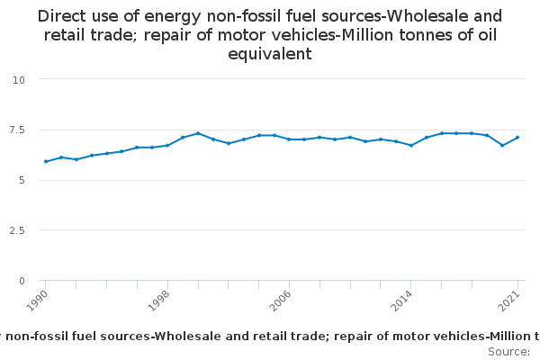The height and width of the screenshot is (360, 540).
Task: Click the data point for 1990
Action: [x=46, y=162]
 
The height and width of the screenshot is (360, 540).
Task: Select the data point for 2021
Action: [x=517, y=138]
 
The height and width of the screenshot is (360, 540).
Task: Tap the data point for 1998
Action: [x=167, y=146]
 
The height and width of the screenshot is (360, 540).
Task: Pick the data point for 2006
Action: [x=289, y=139]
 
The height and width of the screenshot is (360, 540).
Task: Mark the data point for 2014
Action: [x=411, y=146]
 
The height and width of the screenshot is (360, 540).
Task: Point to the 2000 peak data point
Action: [x=198, y=133]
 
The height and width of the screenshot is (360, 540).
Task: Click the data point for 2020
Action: [x=502, y=146]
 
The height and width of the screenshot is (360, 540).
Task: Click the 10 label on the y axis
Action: [x=19, y=80]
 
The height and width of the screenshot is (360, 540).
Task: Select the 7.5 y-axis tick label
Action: [x=17, y=130]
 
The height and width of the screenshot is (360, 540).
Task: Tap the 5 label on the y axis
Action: [x=22, y=180]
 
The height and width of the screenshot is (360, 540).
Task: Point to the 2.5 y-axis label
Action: [x=17, y=230]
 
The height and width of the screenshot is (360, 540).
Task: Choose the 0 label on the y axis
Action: [x=22, y=281]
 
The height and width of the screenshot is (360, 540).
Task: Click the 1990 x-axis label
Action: [x=37, y=301]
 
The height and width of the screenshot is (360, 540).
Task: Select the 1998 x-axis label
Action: [x=158, y=301]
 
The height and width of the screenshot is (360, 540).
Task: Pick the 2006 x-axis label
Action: [x=280, y=301]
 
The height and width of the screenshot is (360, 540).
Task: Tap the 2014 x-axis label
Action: [x=402, y=301]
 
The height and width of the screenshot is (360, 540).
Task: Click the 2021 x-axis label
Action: [x=509, y=301]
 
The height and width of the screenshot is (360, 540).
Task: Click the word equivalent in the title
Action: [x=270, y=54]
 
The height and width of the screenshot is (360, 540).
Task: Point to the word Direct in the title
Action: [x=61, y=16]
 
